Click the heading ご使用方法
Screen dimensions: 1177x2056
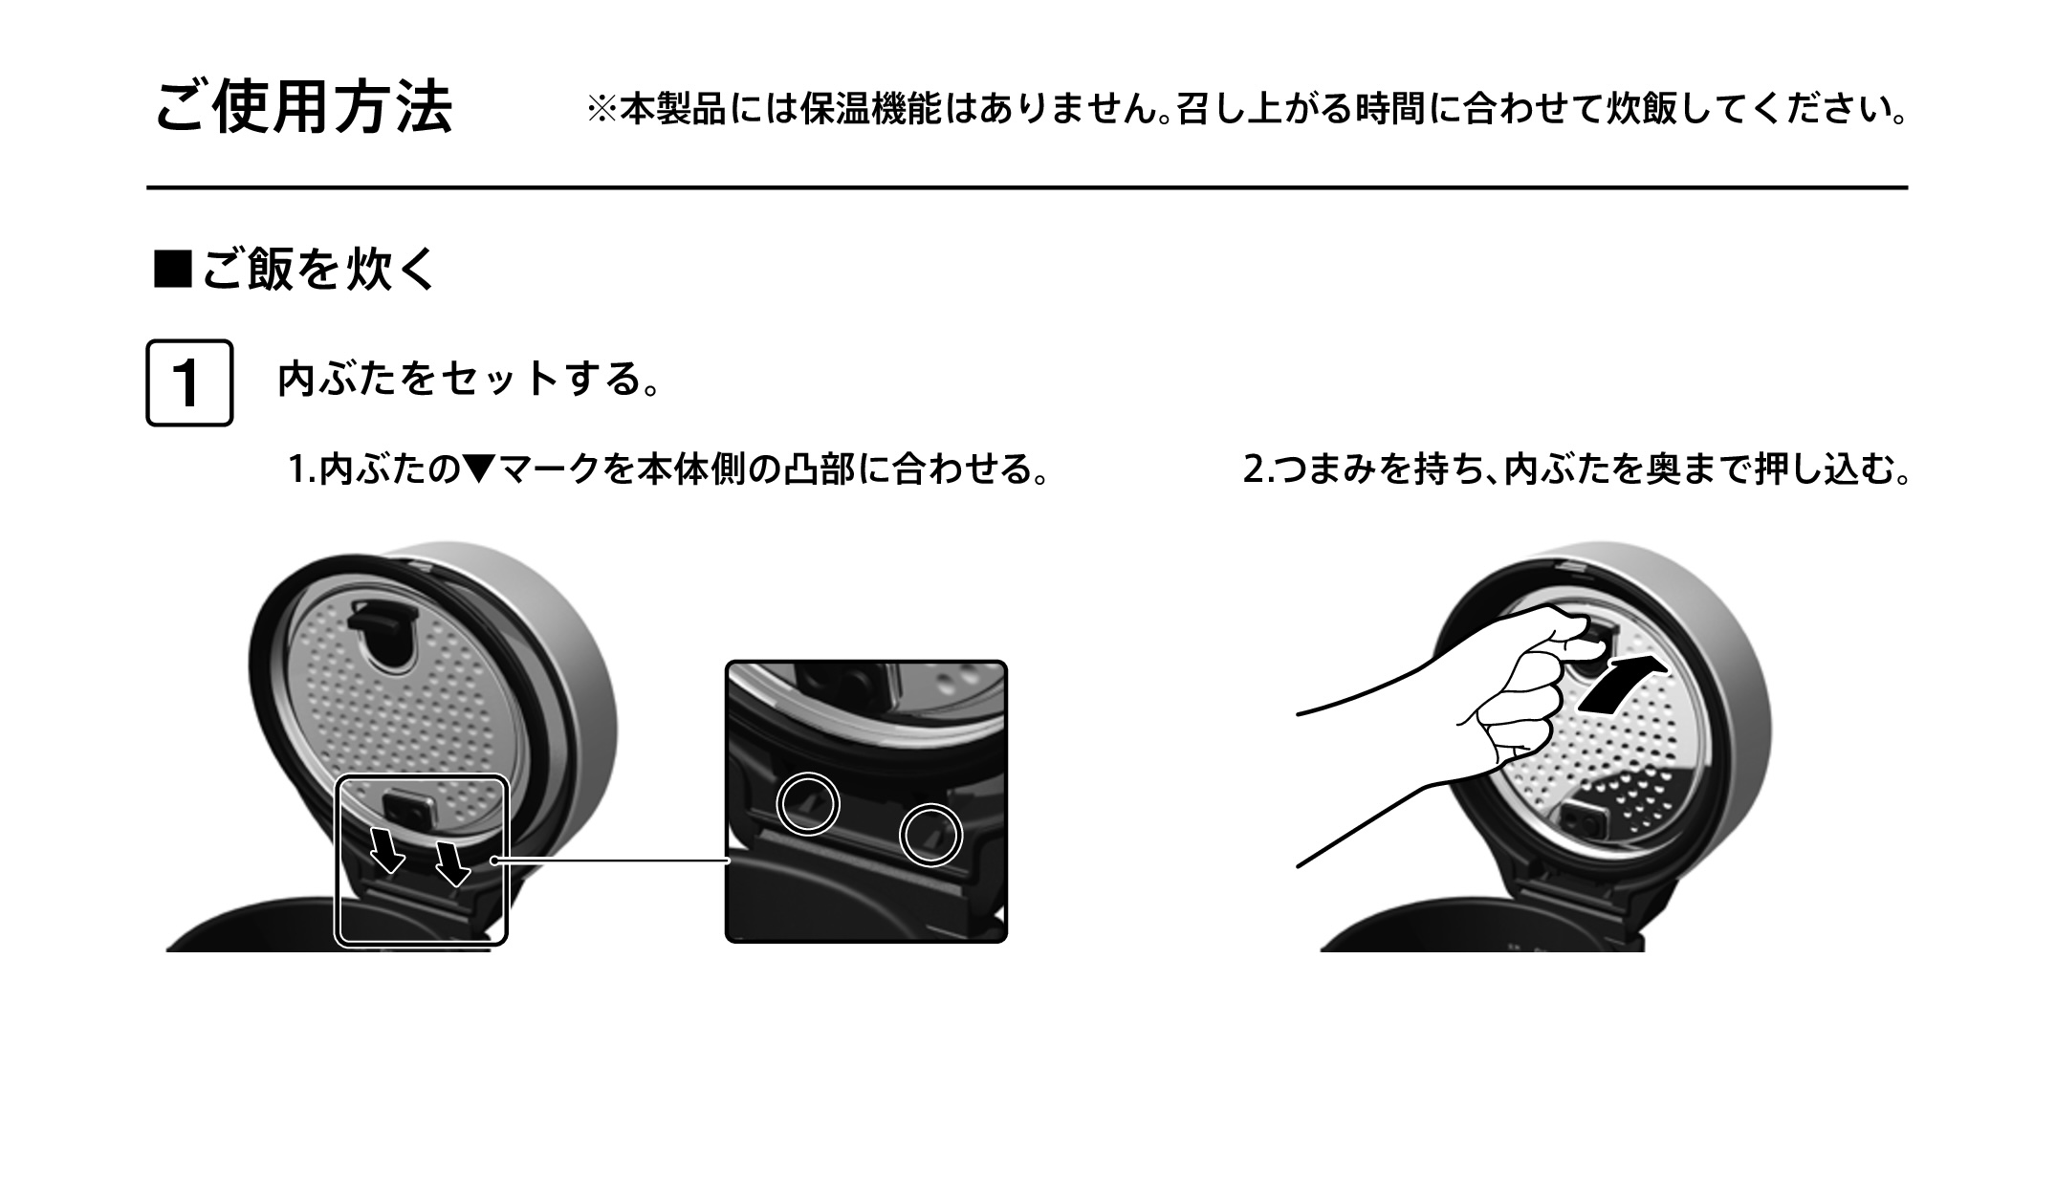[303, 107]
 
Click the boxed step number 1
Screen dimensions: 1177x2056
[188, 382]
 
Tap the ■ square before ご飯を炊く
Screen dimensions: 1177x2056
[173, 270]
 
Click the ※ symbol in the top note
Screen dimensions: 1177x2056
[602, 109]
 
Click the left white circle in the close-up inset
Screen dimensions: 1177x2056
[807, 803]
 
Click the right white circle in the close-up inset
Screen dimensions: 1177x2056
[930, 835]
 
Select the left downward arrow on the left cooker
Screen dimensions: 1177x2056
[386, 850]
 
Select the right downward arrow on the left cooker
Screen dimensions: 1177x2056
[451, 861]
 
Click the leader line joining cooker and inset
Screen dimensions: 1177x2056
[612, 861]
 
